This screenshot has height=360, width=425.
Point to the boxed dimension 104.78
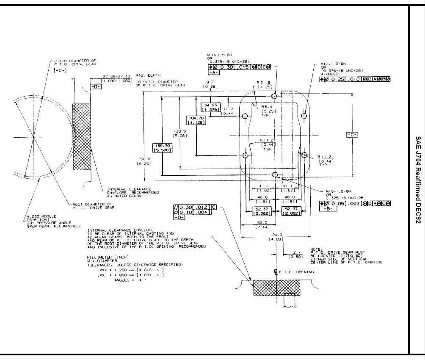[195, 120]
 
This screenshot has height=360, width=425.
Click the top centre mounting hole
[275, 96]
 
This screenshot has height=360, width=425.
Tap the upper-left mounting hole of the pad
[245, 116]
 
